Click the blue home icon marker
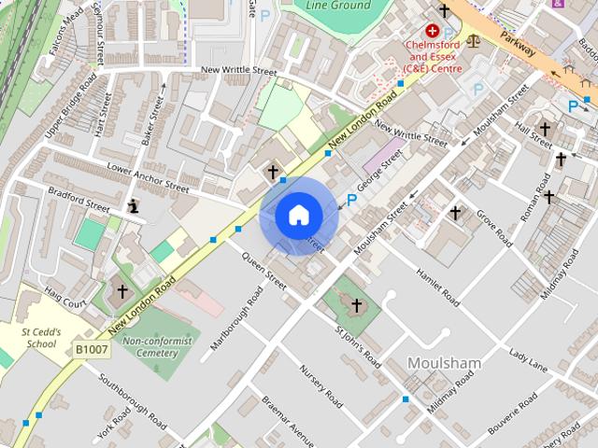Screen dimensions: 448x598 click(299, 216)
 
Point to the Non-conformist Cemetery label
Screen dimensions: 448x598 click(149, 347)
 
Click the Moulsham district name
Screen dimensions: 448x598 click(444, 362)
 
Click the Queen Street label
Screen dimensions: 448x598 click(263, 267)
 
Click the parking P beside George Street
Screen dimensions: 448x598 click(352, 200)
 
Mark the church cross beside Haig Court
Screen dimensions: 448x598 click(121, 292)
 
